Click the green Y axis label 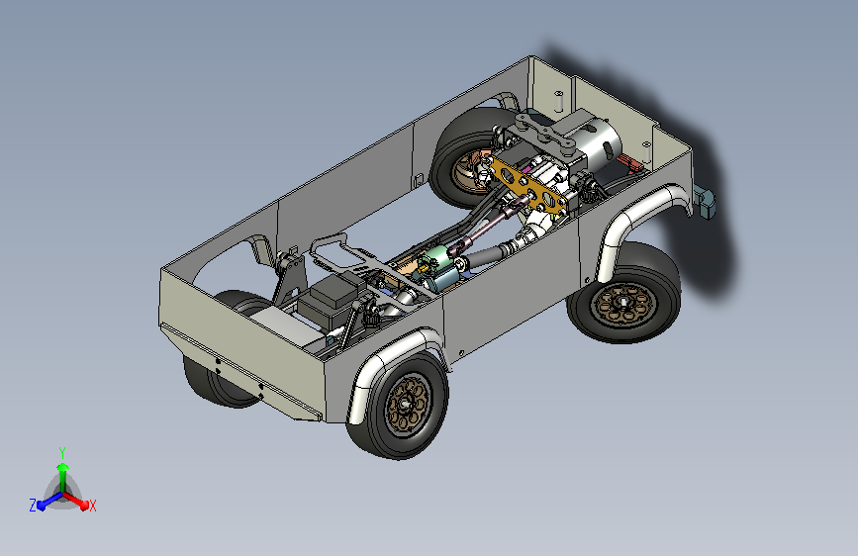tap(61, 452)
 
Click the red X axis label tap(92, 506)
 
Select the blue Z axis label tap(33, 506)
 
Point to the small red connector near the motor tap(628, 161)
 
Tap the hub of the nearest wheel tap(405, 404)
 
